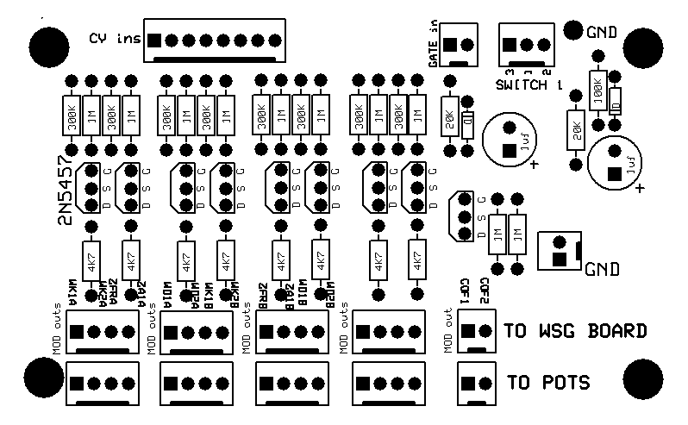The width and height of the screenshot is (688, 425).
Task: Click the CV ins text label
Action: pos(114,38)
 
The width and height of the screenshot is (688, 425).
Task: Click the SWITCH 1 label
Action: pos(529,85)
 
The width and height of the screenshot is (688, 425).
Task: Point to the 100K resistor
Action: pos(595,89)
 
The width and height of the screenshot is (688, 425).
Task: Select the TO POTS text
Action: pos(549,381)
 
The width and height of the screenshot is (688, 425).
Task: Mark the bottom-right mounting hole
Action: pos(641,378)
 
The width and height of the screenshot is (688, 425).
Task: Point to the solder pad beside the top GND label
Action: pos(573,32)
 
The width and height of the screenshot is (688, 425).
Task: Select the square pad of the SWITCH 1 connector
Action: pos(509,45)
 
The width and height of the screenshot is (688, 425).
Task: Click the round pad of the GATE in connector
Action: pos(467,45)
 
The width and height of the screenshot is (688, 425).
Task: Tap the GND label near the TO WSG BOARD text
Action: pos(602,269)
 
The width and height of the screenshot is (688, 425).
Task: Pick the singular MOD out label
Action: pos(448,330)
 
